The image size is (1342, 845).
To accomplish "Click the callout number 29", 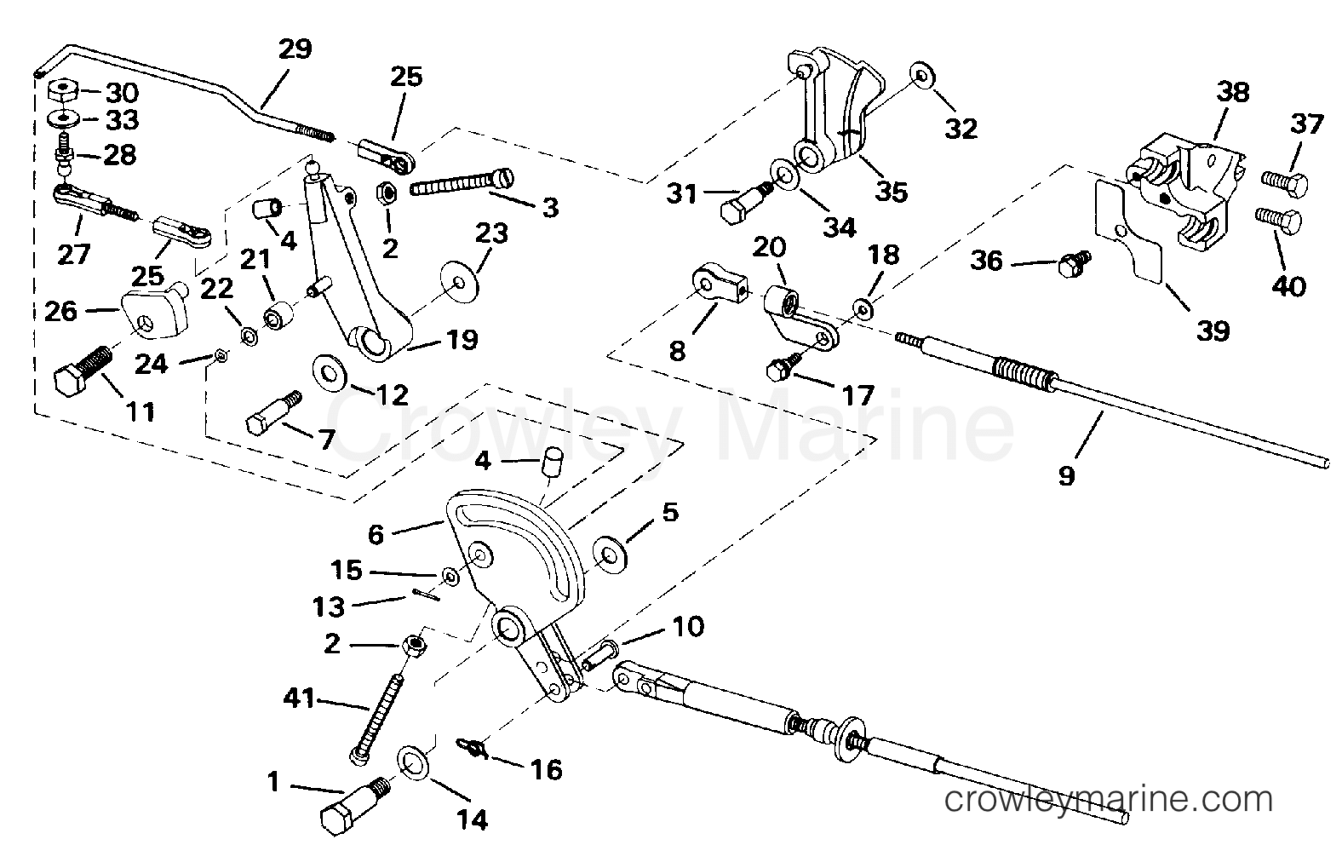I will (295, 49).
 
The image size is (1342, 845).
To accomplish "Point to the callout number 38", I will (1232, 92).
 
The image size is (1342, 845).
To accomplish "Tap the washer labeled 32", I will (920, 75).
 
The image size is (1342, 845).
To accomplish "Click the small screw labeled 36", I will (1072, 266).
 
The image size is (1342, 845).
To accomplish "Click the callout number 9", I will (1066, 475).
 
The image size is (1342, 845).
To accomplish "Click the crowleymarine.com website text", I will (1109, 800).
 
